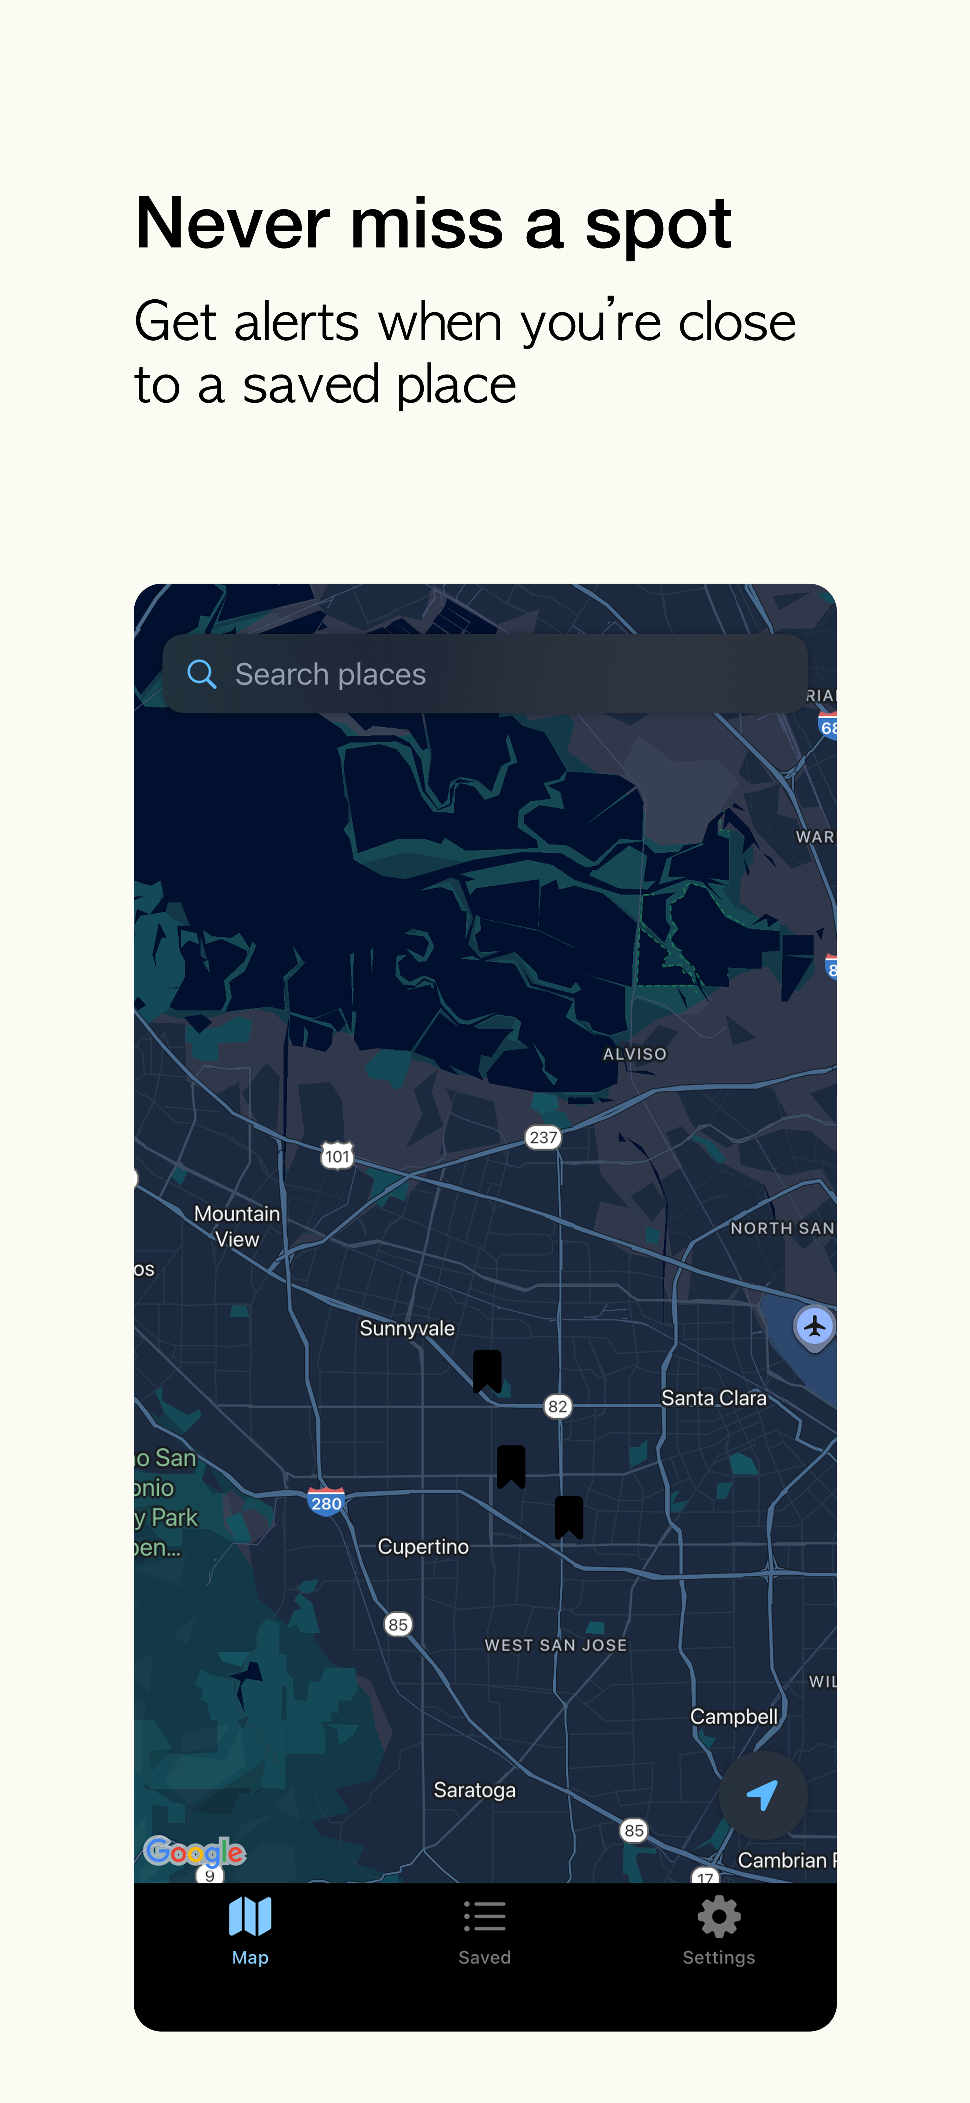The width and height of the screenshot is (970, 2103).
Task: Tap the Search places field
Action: coord(485,674)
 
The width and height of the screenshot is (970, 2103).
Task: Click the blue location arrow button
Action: coord(762,1794)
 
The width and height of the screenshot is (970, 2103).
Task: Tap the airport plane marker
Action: coord(814,1327)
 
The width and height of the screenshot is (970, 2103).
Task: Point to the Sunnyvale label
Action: coord(407,1328)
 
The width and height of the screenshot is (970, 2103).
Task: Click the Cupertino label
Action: coord(423,1546)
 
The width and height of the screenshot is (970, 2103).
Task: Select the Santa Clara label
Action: coord(714,1397)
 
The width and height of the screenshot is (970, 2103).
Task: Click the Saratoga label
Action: coord(474,1789)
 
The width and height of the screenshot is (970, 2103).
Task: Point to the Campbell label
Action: coord(733,1716)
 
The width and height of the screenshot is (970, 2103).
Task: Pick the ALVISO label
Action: coord(634,1054)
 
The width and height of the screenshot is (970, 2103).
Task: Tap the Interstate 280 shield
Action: coord(326,1502)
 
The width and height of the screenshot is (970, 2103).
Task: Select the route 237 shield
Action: coord(543,1137)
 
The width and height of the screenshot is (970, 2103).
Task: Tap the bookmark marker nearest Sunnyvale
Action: coord(488,1370)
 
